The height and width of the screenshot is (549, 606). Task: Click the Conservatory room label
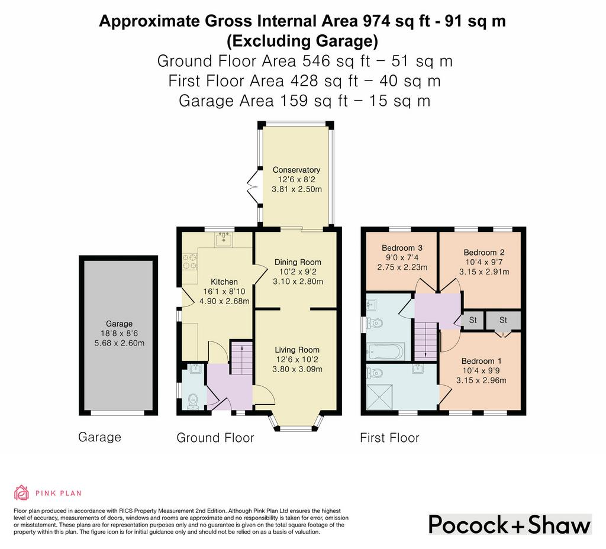point(296,170)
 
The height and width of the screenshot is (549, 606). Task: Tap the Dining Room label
point(298,262)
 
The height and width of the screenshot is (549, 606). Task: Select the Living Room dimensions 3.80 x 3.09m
point(297,369)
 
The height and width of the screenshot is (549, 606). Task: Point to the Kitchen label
point(224,282)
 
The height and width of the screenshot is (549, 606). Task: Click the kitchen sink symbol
point(224,240)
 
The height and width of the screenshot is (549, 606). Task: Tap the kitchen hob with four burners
point(190,261)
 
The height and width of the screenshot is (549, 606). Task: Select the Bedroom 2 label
point(484,253)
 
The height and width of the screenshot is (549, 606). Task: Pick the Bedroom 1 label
point(481,361)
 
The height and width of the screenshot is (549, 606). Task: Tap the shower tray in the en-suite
point(380,397)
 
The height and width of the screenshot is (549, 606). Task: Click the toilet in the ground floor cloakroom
point(193,401)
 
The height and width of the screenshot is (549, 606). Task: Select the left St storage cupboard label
point(473,320)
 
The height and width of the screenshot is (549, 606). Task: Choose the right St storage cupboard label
point(503,320)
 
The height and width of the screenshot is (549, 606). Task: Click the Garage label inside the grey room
point(119,324)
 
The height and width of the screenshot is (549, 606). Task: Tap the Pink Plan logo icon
point(21,493)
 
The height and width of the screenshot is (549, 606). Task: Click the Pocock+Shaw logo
point(510,525)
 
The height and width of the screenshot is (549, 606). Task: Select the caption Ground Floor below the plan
point(215,438)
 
